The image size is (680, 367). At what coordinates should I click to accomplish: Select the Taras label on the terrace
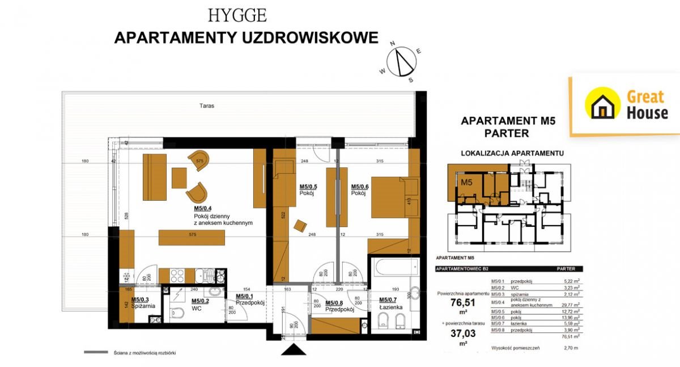[x=207, y=106]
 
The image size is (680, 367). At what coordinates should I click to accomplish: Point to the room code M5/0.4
[x=204, y=208]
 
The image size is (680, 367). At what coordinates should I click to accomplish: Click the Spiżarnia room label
[x=143, y=306]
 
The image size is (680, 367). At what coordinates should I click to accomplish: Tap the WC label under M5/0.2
[x=197, y=309]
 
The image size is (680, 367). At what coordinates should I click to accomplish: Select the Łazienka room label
[x=391, y=307]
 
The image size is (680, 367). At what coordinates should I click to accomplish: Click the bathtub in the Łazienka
[x=394, y=266]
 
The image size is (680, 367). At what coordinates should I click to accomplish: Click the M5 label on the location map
[x=466, y=182]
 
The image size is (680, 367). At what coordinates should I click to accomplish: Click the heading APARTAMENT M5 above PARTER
[x=508, y=120]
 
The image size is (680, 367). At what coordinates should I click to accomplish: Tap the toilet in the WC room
[x=176, y=314]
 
